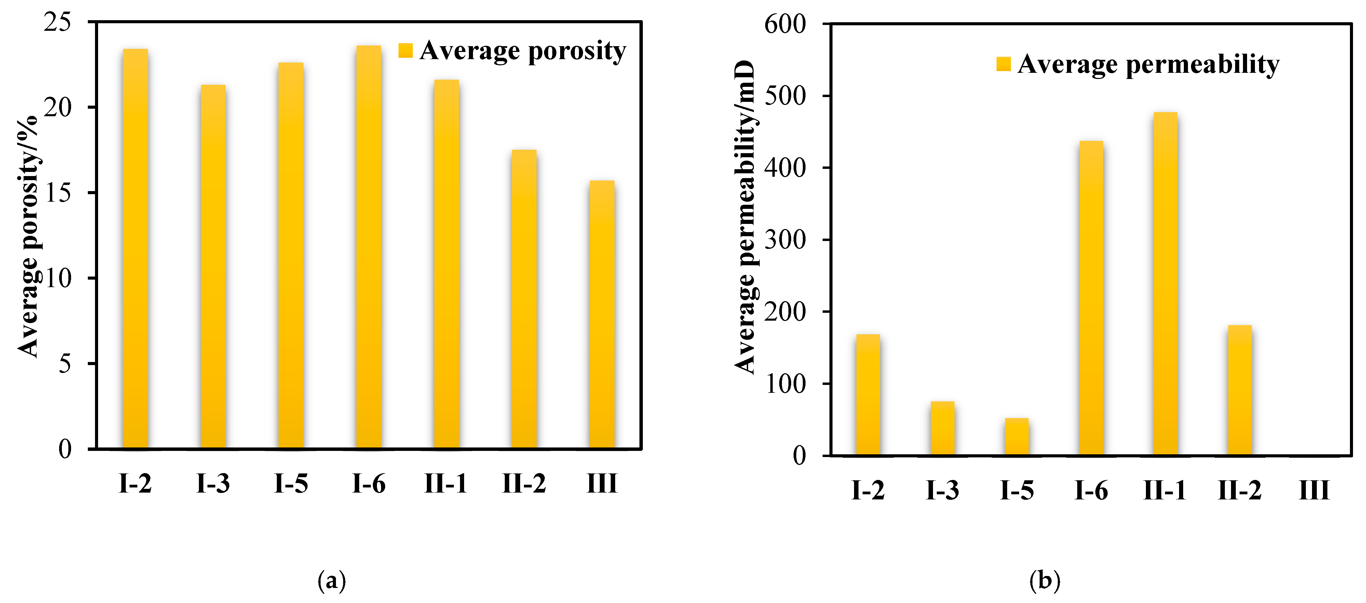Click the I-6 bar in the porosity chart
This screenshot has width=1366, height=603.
pos(368,246)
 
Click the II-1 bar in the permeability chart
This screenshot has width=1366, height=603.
pos(1165,284)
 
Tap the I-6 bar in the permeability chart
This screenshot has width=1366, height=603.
pos(1091,298)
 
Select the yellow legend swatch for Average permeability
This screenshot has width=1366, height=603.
pos(1003,64)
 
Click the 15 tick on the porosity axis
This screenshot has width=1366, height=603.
pos(57,193)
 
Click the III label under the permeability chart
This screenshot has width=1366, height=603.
pos(1314,490)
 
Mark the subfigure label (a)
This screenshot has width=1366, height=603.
pos(332,581)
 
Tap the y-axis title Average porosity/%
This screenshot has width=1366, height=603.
pos(28,236)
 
